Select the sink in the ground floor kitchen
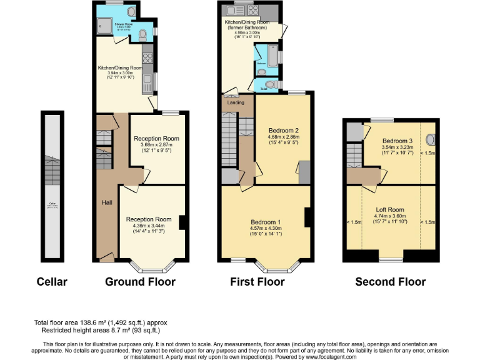tap(147, 80)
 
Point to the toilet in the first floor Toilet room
tap(271, 84)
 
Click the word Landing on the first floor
tap(236, 102)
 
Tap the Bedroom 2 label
tap(283, 130)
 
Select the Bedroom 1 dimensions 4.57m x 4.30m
tap(266, 229)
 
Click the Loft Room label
tap(390, 210)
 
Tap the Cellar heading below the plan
tap(52, 282)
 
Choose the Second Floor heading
tap(390, 282)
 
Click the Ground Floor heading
tap(140, 282)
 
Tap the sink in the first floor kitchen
tap(239, 11)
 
